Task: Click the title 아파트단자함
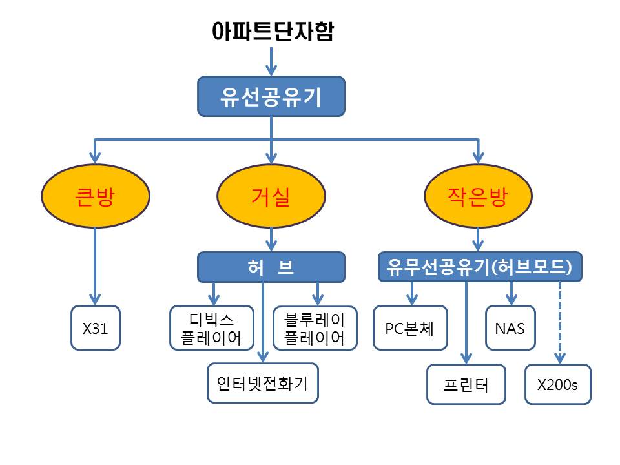pyautogui.click(x=273, y=32)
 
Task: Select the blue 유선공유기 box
pyautogui.click(x=271, y=96)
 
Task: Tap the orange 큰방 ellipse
pyautogui.click(x=96, y=196)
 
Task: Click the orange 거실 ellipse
pyautogui.click(x=271, y=196)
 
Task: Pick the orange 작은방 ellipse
pyautogui.click(x=478, y=196)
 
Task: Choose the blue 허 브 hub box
pyautogui.click(x=271, y=267)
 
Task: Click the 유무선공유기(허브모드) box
pyautogui.click(x=480, y=267)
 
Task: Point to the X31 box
pyautogui.click(x=96, y=328)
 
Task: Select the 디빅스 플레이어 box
pyautogui.click(x=211, y=327)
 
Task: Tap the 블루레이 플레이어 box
pyautogui.click(x=315, y=327)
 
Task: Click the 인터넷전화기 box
pyautogui.click(x=263, y=384)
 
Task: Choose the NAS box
pyautogui.click(x=510, y=327)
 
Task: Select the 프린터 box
pyautogui.click(x=466, y=385)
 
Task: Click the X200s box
pyautogui.click(x=557, y=385)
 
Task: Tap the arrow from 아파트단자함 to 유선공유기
pyautogui.click(x=271, y=61)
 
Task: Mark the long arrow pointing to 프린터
pyautogui.click(x=466, y=323)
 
